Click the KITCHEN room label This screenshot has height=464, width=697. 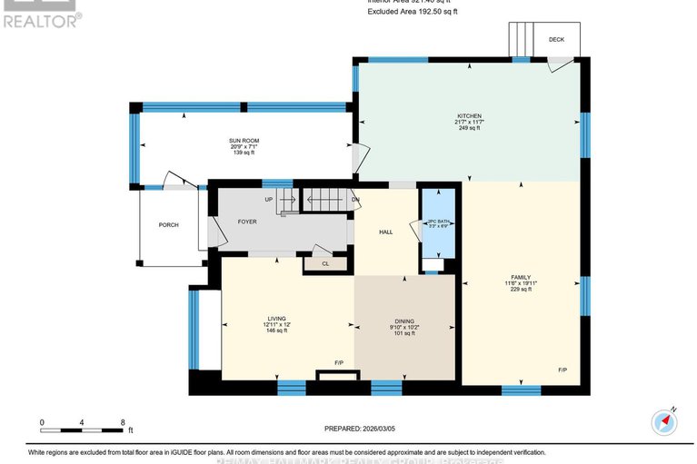click(x=469, y=116)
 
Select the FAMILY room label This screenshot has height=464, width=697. click(x=520, y=277)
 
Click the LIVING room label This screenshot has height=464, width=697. click(x=264, y=319)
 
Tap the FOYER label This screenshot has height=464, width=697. click(x=247, y=222)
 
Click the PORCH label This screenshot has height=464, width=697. click(x=168, y=224)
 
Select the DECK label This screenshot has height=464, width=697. click(x=556, y=40)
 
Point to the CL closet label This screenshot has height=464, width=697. click(x=324, y=263)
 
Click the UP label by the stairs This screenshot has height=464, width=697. click(x=268, y=199)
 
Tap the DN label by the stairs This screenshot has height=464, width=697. click(x=354, y=199)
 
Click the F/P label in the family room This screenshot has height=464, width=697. click(x=563, y=370)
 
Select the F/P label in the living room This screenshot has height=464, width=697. click(x=338, y=363)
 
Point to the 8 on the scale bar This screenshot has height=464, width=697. click(x=122, y=422)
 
